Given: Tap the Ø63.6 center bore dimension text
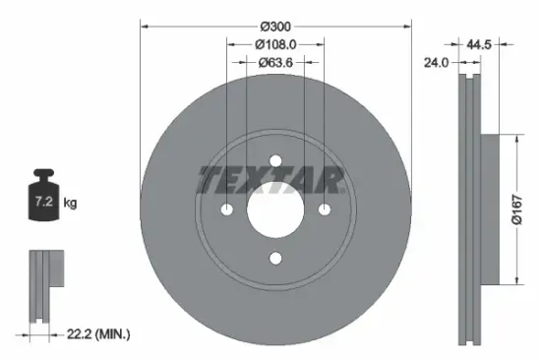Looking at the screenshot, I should click(x=274, y=63).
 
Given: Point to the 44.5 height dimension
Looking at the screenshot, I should click(x=479, y=44).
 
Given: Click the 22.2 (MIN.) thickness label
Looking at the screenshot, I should click(x=95, y=334).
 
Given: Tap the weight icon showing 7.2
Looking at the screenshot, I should click(x=42, y=200).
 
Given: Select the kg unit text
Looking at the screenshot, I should click(x=70, y=203).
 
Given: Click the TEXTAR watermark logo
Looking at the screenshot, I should click(x=270, y=180).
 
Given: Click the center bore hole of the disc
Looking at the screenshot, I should click(x=274, y=210).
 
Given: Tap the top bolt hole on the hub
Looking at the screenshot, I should click(x=274, y=161).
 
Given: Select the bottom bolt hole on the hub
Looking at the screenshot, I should click(x=274, y=258).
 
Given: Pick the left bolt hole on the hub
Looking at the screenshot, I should click(x=227, y=210).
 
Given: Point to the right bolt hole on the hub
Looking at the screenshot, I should click(x=323, y=210).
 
